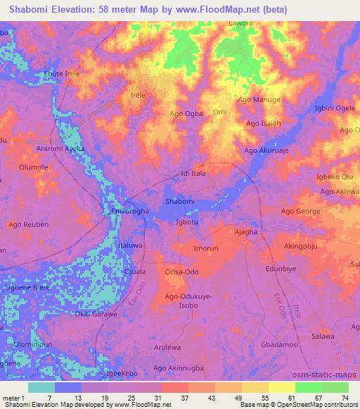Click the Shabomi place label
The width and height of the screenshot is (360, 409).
tap(179, 201)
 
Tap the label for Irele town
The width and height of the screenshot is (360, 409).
tap(138, 94)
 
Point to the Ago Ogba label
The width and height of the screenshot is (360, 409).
tap(186, 113)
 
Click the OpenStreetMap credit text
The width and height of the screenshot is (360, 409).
tap(311, 405)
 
